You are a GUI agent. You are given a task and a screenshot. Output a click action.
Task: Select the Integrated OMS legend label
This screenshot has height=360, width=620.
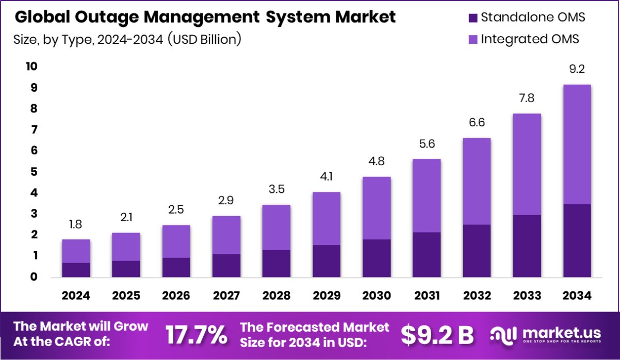[530, 39]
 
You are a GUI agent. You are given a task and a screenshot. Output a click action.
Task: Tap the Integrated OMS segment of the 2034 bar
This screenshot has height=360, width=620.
[576, 144]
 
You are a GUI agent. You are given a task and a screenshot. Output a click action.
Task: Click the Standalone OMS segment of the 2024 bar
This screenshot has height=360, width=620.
[76, 270]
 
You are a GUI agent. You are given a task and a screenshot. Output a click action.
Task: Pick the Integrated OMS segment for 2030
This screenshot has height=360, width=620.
[377, 208]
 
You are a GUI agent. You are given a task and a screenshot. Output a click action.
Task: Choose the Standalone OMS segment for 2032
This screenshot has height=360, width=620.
[477, 251]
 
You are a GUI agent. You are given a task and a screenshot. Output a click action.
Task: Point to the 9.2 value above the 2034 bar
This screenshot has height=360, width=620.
[577, 69]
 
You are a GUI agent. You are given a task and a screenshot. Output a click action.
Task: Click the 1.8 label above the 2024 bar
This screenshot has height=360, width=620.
[76, 224]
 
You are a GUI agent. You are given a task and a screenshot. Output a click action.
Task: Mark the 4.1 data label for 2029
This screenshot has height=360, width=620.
[327, 176]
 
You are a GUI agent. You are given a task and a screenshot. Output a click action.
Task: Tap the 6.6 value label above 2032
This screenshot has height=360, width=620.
[477, 123]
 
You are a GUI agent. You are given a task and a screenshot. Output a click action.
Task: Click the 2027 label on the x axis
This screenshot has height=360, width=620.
[226, 296]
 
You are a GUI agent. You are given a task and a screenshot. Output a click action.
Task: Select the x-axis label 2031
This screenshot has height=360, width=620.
[427, 296]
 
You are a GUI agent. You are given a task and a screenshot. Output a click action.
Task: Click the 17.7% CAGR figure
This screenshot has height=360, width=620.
[196, 335]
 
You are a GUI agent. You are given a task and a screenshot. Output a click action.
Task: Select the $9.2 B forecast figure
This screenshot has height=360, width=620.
[437, 335]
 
